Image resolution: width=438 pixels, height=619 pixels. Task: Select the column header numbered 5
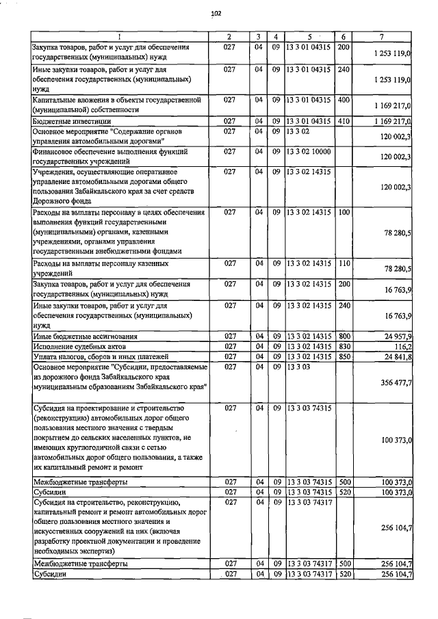coord(309,36)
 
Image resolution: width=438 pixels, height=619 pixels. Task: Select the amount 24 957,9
coord(396,337)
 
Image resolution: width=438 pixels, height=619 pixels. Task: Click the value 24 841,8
coord(396,357)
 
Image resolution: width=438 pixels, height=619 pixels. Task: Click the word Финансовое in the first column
coord(55,150)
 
